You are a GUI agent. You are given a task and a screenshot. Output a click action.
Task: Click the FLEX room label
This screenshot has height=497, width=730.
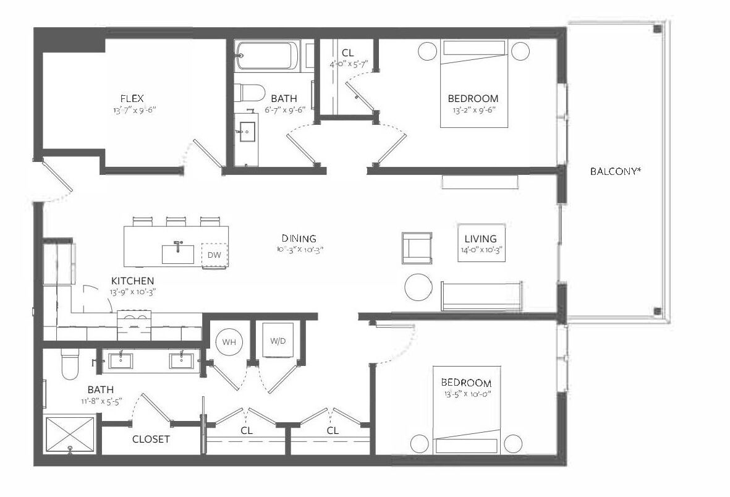click(132, 98)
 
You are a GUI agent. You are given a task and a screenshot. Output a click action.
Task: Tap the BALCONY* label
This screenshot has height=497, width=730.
click(616, 171)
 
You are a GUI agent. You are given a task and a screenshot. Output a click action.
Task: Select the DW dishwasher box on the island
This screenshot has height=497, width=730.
click(214, 255)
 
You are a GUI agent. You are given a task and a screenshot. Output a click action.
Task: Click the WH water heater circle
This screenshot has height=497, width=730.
click(229, 342)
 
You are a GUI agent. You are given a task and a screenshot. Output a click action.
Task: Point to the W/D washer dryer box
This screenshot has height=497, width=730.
click(278, 341)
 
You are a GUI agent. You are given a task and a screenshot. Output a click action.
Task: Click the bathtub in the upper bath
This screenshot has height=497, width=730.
click(267, 56)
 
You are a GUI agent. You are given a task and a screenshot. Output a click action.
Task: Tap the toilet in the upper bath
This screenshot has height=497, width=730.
click(249, 93)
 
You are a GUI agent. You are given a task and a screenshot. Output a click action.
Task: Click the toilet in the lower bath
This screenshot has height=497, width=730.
click(70, 364)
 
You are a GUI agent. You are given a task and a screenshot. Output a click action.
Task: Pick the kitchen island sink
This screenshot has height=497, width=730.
click(178, 254)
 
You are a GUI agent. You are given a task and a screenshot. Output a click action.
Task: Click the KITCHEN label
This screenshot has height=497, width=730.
click(133, 281)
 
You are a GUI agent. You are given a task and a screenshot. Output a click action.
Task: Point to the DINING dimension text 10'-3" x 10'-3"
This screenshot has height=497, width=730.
click(299, 249)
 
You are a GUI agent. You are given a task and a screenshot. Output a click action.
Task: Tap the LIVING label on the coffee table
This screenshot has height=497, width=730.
click(481, 239)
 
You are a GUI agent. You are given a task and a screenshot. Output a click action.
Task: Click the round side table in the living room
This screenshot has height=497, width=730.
click(418, 287)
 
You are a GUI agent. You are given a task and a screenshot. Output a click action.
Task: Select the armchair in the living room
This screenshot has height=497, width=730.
click(417, 248)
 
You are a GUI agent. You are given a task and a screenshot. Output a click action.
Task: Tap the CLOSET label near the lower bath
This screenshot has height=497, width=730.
click(151, 439)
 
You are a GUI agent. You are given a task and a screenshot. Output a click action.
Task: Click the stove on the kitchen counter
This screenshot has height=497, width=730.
click(134, 325)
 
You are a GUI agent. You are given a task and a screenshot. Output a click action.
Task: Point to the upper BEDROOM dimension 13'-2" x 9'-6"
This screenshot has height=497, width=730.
click(473, 111)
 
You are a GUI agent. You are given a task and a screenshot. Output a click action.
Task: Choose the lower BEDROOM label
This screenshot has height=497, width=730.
click(466, 383)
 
